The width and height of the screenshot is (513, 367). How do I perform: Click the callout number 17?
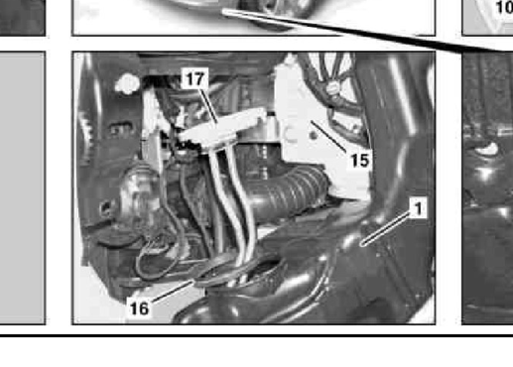coord(195,78)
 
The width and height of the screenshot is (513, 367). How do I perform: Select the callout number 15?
coord(360,161)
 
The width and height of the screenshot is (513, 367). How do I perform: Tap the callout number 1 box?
coord(418,208)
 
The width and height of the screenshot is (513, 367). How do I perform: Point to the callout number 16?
coord(139,308)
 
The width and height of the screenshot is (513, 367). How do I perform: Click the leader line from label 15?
coord(329,137)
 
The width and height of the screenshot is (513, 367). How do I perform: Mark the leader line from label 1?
coord(386,229)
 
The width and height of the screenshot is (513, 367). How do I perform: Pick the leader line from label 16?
coord(172,292)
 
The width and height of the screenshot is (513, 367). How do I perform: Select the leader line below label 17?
coord(208,106)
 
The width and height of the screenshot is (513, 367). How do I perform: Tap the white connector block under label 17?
coord(222,128)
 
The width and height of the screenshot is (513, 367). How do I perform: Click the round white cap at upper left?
coord(127,82)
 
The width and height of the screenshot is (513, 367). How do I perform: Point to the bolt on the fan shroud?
coord(332,88)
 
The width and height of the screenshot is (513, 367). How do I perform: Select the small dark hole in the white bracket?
coord(314,135)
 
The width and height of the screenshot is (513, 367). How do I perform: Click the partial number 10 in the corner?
coord(504,7)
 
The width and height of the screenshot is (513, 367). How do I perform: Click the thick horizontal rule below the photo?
coord(256,335)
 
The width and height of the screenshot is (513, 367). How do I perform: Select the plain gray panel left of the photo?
coord(23,187)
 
